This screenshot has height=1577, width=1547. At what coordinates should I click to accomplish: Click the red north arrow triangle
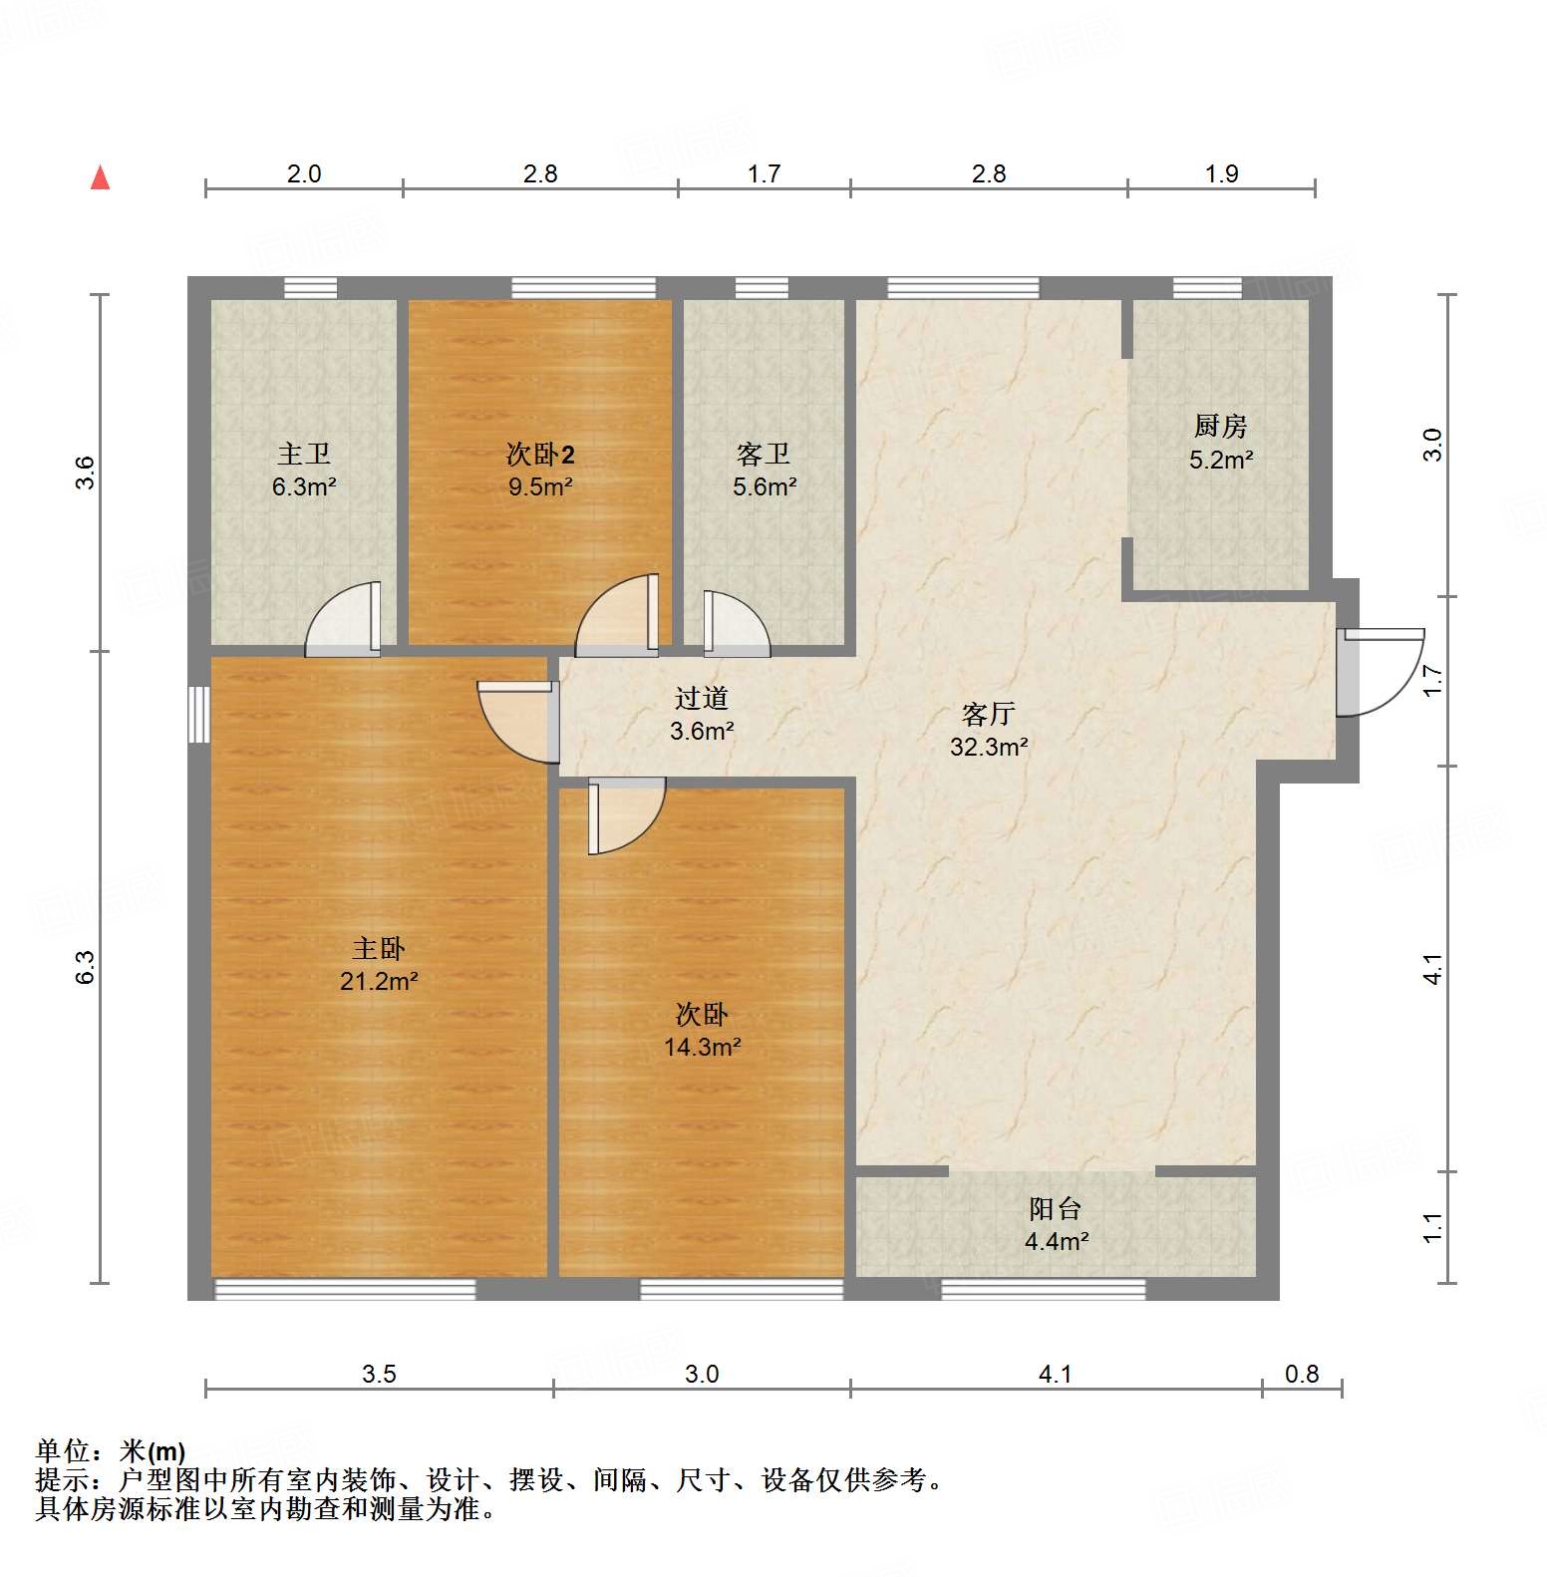click(x=100, y=178)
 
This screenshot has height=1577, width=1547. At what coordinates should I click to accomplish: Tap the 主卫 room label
click(x=304, y=455)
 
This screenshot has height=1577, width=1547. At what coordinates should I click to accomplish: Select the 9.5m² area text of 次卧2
click(x=540, y=487)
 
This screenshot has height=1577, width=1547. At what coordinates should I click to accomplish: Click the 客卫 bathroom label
click(x=764, y=455)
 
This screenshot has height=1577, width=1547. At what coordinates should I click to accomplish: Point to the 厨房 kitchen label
click(x=1220, y=427)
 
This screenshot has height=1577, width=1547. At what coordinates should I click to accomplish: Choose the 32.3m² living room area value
click(x=989, y=747)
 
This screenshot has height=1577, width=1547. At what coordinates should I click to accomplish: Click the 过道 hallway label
click(x=702, y=699)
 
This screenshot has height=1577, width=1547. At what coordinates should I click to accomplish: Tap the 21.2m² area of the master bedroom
click(x=379, y=981)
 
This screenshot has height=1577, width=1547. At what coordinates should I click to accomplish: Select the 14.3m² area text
click(x=702, y=1047)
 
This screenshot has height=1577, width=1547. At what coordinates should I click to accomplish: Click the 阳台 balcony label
click(x=1056, y=1209)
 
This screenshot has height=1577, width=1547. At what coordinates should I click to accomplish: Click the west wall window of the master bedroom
click(x=199, y=714)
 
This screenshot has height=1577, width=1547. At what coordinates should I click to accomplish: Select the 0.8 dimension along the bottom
click(x=1302, y=1374)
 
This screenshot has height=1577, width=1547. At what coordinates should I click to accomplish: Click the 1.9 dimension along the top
click(x=1221, y=173)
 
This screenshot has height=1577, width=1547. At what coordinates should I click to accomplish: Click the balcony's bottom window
click(x=1043, y=1290)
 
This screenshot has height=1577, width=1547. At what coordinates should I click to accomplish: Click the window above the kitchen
click(x=1207, y=288)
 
